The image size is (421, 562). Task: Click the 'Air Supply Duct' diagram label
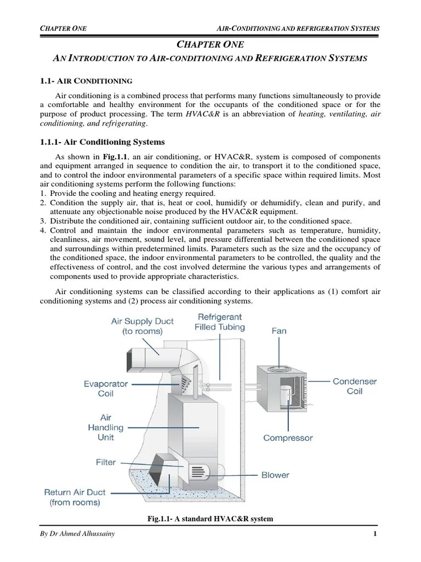(136, 327)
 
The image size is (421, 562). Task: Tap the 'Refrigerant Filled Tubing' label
(220, 322)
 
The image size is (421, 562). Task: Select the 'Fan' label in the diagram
(278, 331)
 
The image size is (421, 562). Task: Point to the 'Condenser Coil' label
(355, 386)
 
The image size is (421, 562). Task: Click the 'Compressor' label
(288, 438)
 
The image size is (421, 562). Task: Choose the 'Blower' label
(276, 475)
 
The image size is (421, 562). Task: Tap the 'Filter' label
(106, 462)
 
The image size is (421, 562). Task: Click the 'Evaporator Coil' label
(106, 389)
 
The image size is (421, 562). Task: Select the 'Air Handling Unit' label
(106, 427)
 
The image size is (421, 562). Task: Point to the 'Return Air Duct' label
(75, 497)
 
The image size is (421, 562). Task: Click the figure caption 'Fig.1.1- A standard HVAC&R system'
(210, 519)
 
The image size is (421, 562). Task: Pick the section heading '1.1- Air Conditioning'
(86, 81)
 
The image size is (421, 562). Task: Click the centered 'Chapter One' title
(210, 44)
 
